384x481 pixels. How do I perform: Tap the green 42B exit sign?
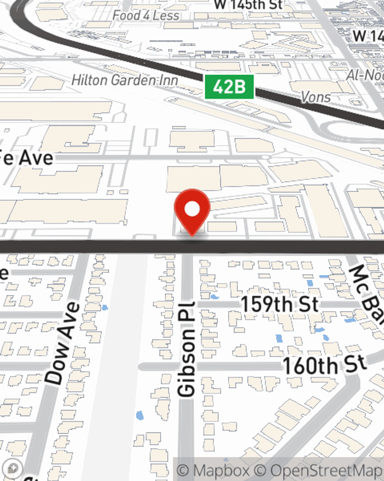click(x=229, y=87)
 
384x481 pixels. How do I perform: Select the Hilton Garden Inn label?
click(x=125, y=80)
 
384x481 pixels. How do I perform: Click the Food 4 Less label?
click(x=146, y=15)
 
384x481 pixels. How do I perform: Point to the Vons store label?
click(x=316, y=97)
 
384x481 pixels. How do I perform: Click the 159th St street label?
click(x=280, y=304)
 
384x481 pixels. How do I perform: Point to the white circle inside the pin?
click(x=192, y=209)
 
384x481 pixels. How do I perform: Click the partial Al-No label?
click(x=365, y=75)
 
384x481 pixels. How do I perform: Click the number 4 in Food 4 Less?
click(x=146, y=15)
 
